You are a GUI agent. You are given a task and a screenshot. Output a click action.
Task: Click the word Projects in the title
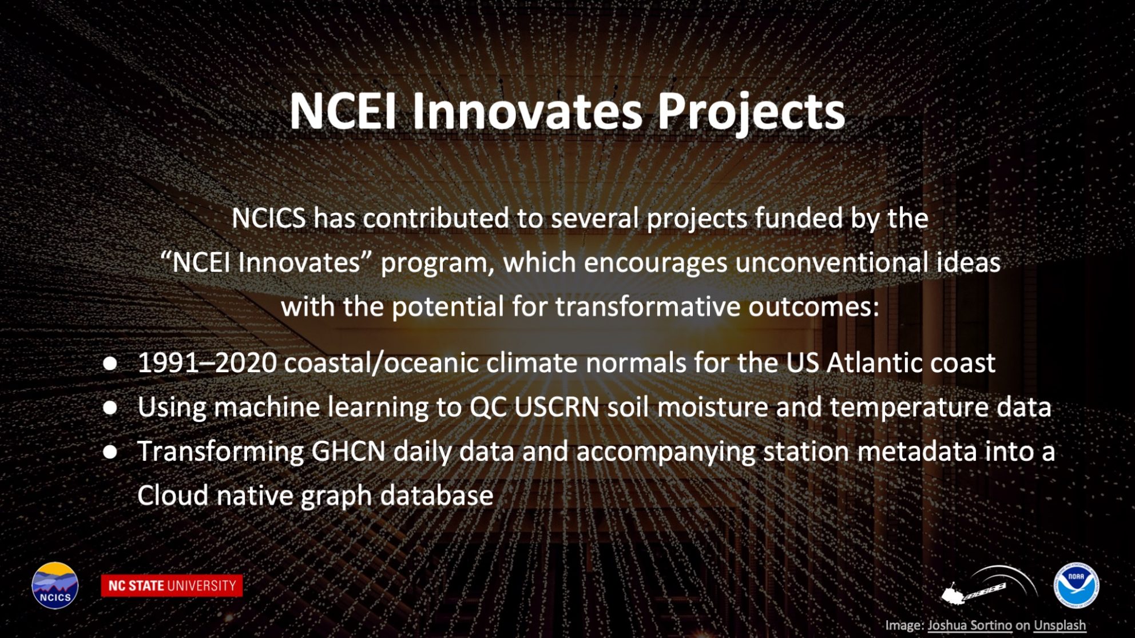pyautogui.click(x=751, y=111)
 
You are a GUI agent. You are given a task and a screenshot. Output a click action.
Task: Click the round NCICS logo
pyautogui.click(x=55, y=585)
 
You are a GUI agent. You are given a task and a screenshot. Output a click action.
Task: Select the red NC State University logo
pyautogui.click(x=172, y=585)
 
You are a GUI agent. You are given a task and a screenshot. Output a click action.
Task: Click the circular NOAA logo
pyautogui.click(x=1076, y=585)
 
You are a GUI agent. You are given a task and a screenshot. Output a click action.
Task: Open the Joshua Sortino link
pyautogui.click(x=969, y=625)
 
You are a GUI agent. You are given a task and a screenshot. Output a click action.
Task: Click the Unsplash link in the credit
pyautogui.click(x=1059, y=625)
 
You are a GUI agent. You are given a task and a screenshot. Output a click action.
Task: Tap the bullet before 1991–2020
pyautogui.click(x=110, y=364)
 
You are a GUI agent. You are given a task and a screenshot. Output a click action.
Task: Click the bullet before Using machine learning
pyautogui.click(x=110, y=408)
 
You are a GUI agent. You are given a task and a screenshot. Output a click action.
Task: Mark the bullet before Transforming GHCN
pyautogui.click(x=110, y=452)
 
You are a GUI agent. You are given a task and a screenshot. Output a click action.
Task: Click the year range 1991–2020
pyautogui.click(x=208, y=362)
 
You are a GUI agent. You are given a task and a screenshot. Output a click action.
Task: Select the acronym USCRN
pyautogui.click(x=557, y=407)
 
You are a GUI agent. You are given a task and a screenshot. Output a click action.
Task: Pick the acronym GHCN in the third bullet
pyautogui.click(x=348, y=451)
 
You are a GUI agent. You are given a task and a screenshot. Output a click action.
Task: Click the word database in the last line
pyautogui.click(x=436, y=495)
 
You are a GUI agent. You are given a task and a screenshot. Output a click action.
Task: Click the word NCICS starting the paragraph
pyautogui.click(x=268, y=218)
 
